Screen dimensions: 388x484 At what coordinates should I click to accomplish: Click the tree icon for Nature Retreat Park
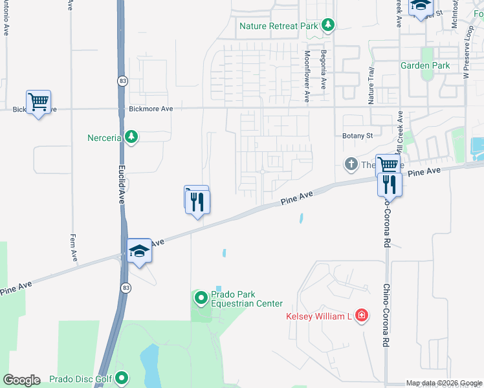pos(328,26)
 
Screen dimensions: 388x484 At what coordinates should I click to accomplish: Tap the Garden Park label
pos(424,65)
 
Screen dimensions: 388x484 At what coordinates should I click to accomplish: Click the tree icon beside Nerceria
pos(132,137)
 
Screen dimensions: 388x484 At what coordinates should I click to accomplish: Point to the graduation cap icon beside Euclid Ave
pos(139,250)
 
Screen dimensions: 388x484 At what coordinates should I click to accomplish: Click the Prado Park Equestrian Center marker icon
pos(201,298)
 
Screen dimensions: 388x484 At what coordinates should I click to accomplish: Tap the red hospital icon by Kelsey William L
pos(362,316)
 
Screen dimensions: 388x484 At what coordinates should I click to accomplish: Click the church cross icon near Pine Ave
pos(351,164)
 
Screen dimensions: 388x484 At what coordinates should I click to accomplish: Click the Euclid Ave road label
pos(121,184)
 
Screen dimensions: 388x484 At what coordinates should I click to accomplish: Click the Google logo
pos(21,380)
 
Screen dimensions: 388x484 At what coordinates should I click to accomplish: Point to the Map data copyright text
pos(443,383)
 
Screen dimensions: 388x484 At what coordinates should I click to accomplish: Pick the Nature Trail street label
pos(371,86)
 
